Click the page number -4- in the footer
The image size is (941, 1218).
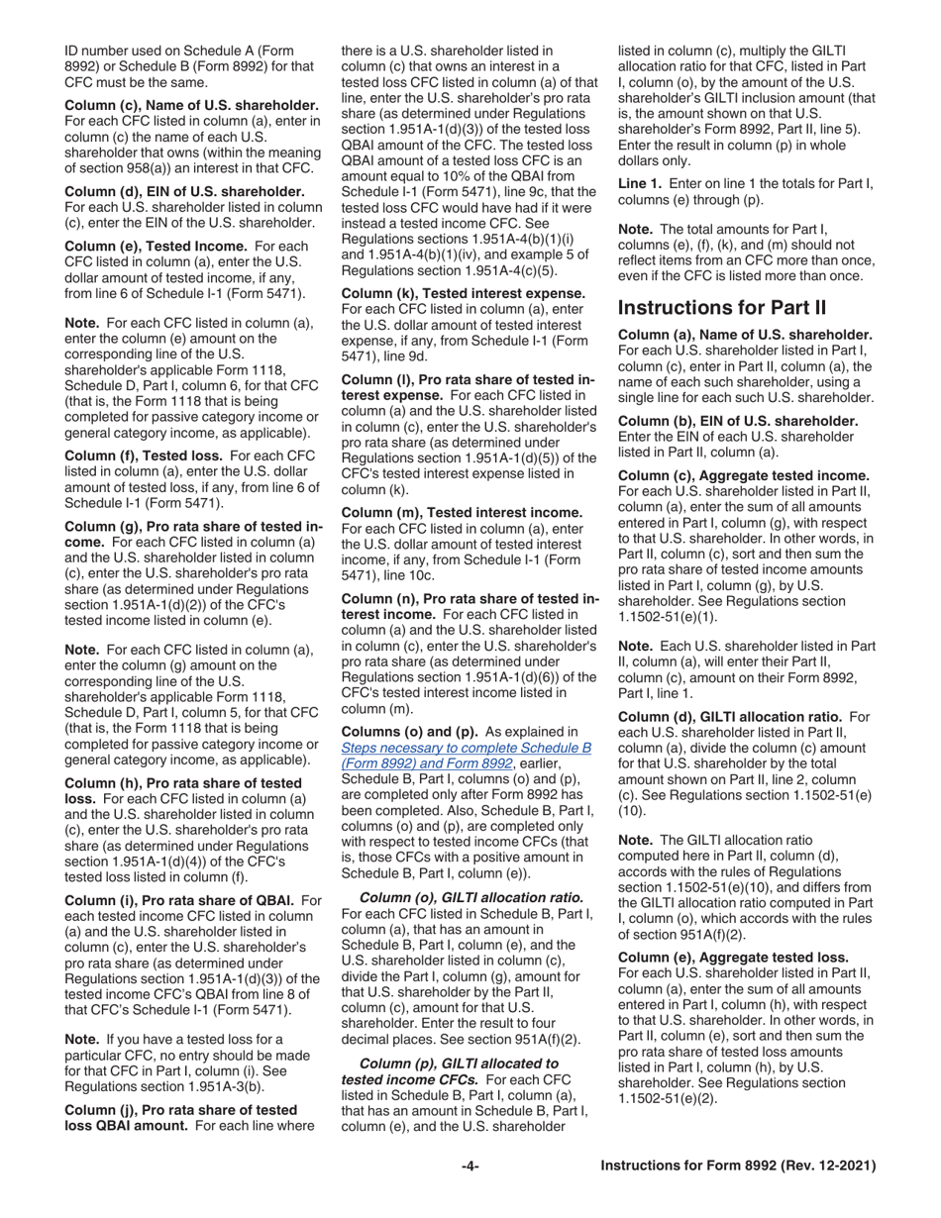point(470,1167)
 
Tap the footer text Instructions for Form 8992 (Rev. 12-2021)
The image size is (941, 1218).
point(738,1167)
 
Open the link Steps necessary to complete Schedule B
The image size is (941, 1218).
point(466,748)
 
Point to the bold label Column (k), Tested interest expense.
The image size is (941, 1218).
point(464,294)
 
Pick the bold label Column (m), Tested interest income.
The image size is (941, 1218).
point(462,512)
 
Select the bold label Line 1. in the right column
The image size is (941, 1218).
point(640,183)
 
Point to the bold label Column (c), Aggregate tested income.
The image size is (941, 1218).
point(744,475)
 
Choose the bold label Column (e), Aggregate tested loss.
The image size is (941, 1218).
point(733,957)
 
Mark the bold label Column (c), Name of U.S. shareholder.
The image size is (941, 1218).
point(191,105)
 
